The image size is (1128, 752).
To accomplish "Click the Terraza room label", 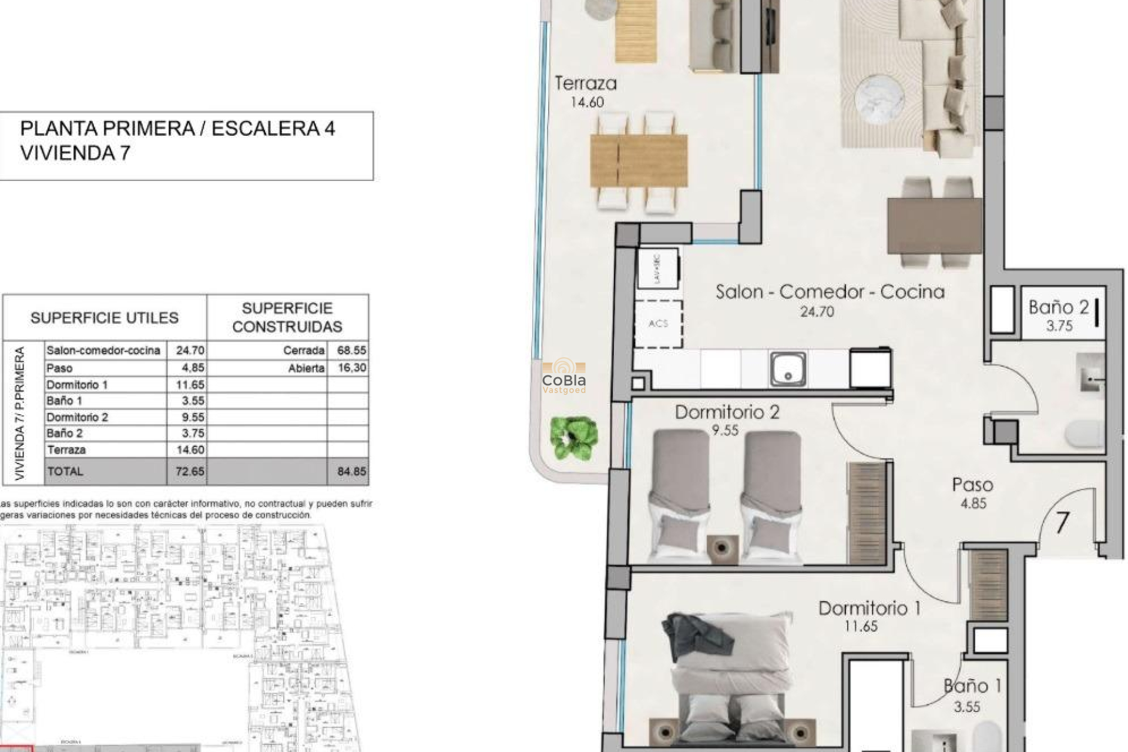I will pos(586,83).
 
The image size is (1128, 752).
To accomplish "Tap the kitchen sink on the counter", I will pos(788,369).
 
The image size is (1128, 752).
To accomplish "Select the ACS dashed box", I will pos(658,324).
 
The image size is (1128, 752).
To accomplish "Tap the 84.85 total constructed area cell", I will pos(351,471).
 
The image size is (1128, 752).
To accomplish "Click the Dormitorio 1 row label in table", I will pos(77,385).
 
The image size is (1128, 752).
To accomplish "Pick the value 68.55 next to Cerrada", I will pos(351,351).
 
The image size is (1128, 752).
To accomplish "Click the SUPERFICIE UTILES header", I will pos(105,318).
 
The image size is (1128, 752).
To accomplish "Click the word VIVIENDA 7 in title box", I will pos(75,153).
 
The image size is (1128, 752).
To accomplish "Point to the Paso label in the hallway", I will pos(972,485).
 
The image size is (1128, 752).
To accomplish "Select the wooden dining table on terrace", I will pos(639,161).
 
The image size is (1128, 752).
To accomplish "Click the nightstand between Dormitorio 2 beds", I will pos(721,548).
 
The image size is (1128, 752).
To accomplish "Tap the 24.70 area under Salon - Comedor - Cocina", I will pos(817,312).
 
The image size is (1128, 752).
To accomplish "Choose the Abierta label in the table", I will pos(306,368).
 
